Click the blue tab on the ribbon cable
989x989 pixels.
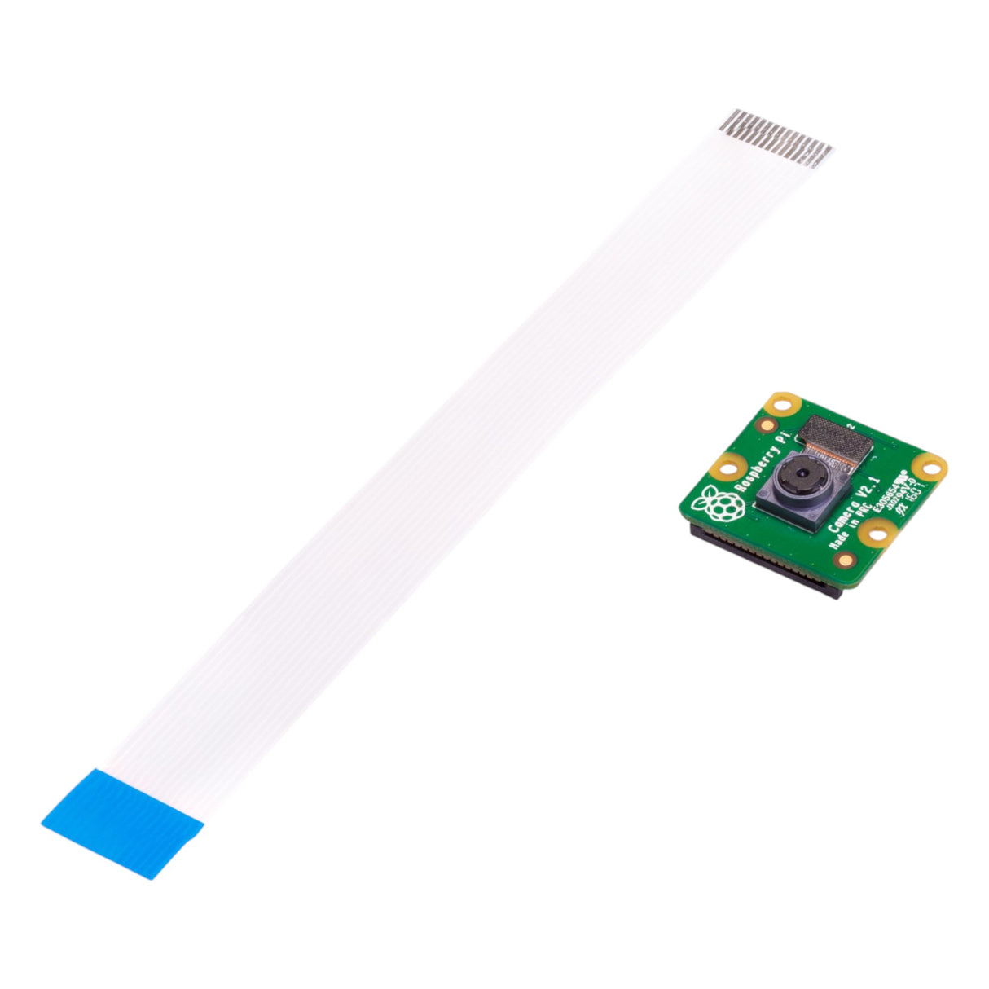point(122,823)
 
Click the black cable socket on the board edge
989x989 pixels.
point(766,562)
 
